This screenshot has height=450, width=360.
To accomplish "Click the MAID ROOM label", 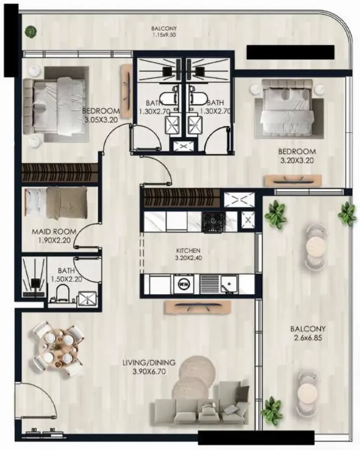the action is (x=54, y=231).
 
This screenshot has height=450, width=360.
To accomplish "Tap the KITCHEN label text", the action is (x=188, y=250).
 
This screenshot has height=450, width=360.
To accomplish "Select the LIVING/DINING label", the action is (x=149, y=362).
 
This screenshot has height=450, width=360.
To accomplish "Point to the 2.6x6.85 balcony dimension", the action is (x=308, y=338).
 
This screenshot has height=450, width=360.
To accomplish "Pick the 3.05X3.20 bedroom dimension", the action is (x=101, y=120).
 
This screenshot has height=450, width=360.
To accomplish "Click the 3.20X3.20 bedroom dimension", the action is (x=297, y=161).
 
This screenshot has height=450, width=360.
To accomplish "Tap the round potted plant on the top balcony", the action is (x=31, y=31).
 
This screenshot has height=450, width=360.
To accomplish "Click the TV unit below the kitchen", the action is (x=198, y=307).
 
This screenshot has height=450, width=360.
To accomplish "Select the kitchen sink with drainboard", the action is (x=219, y=284).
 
